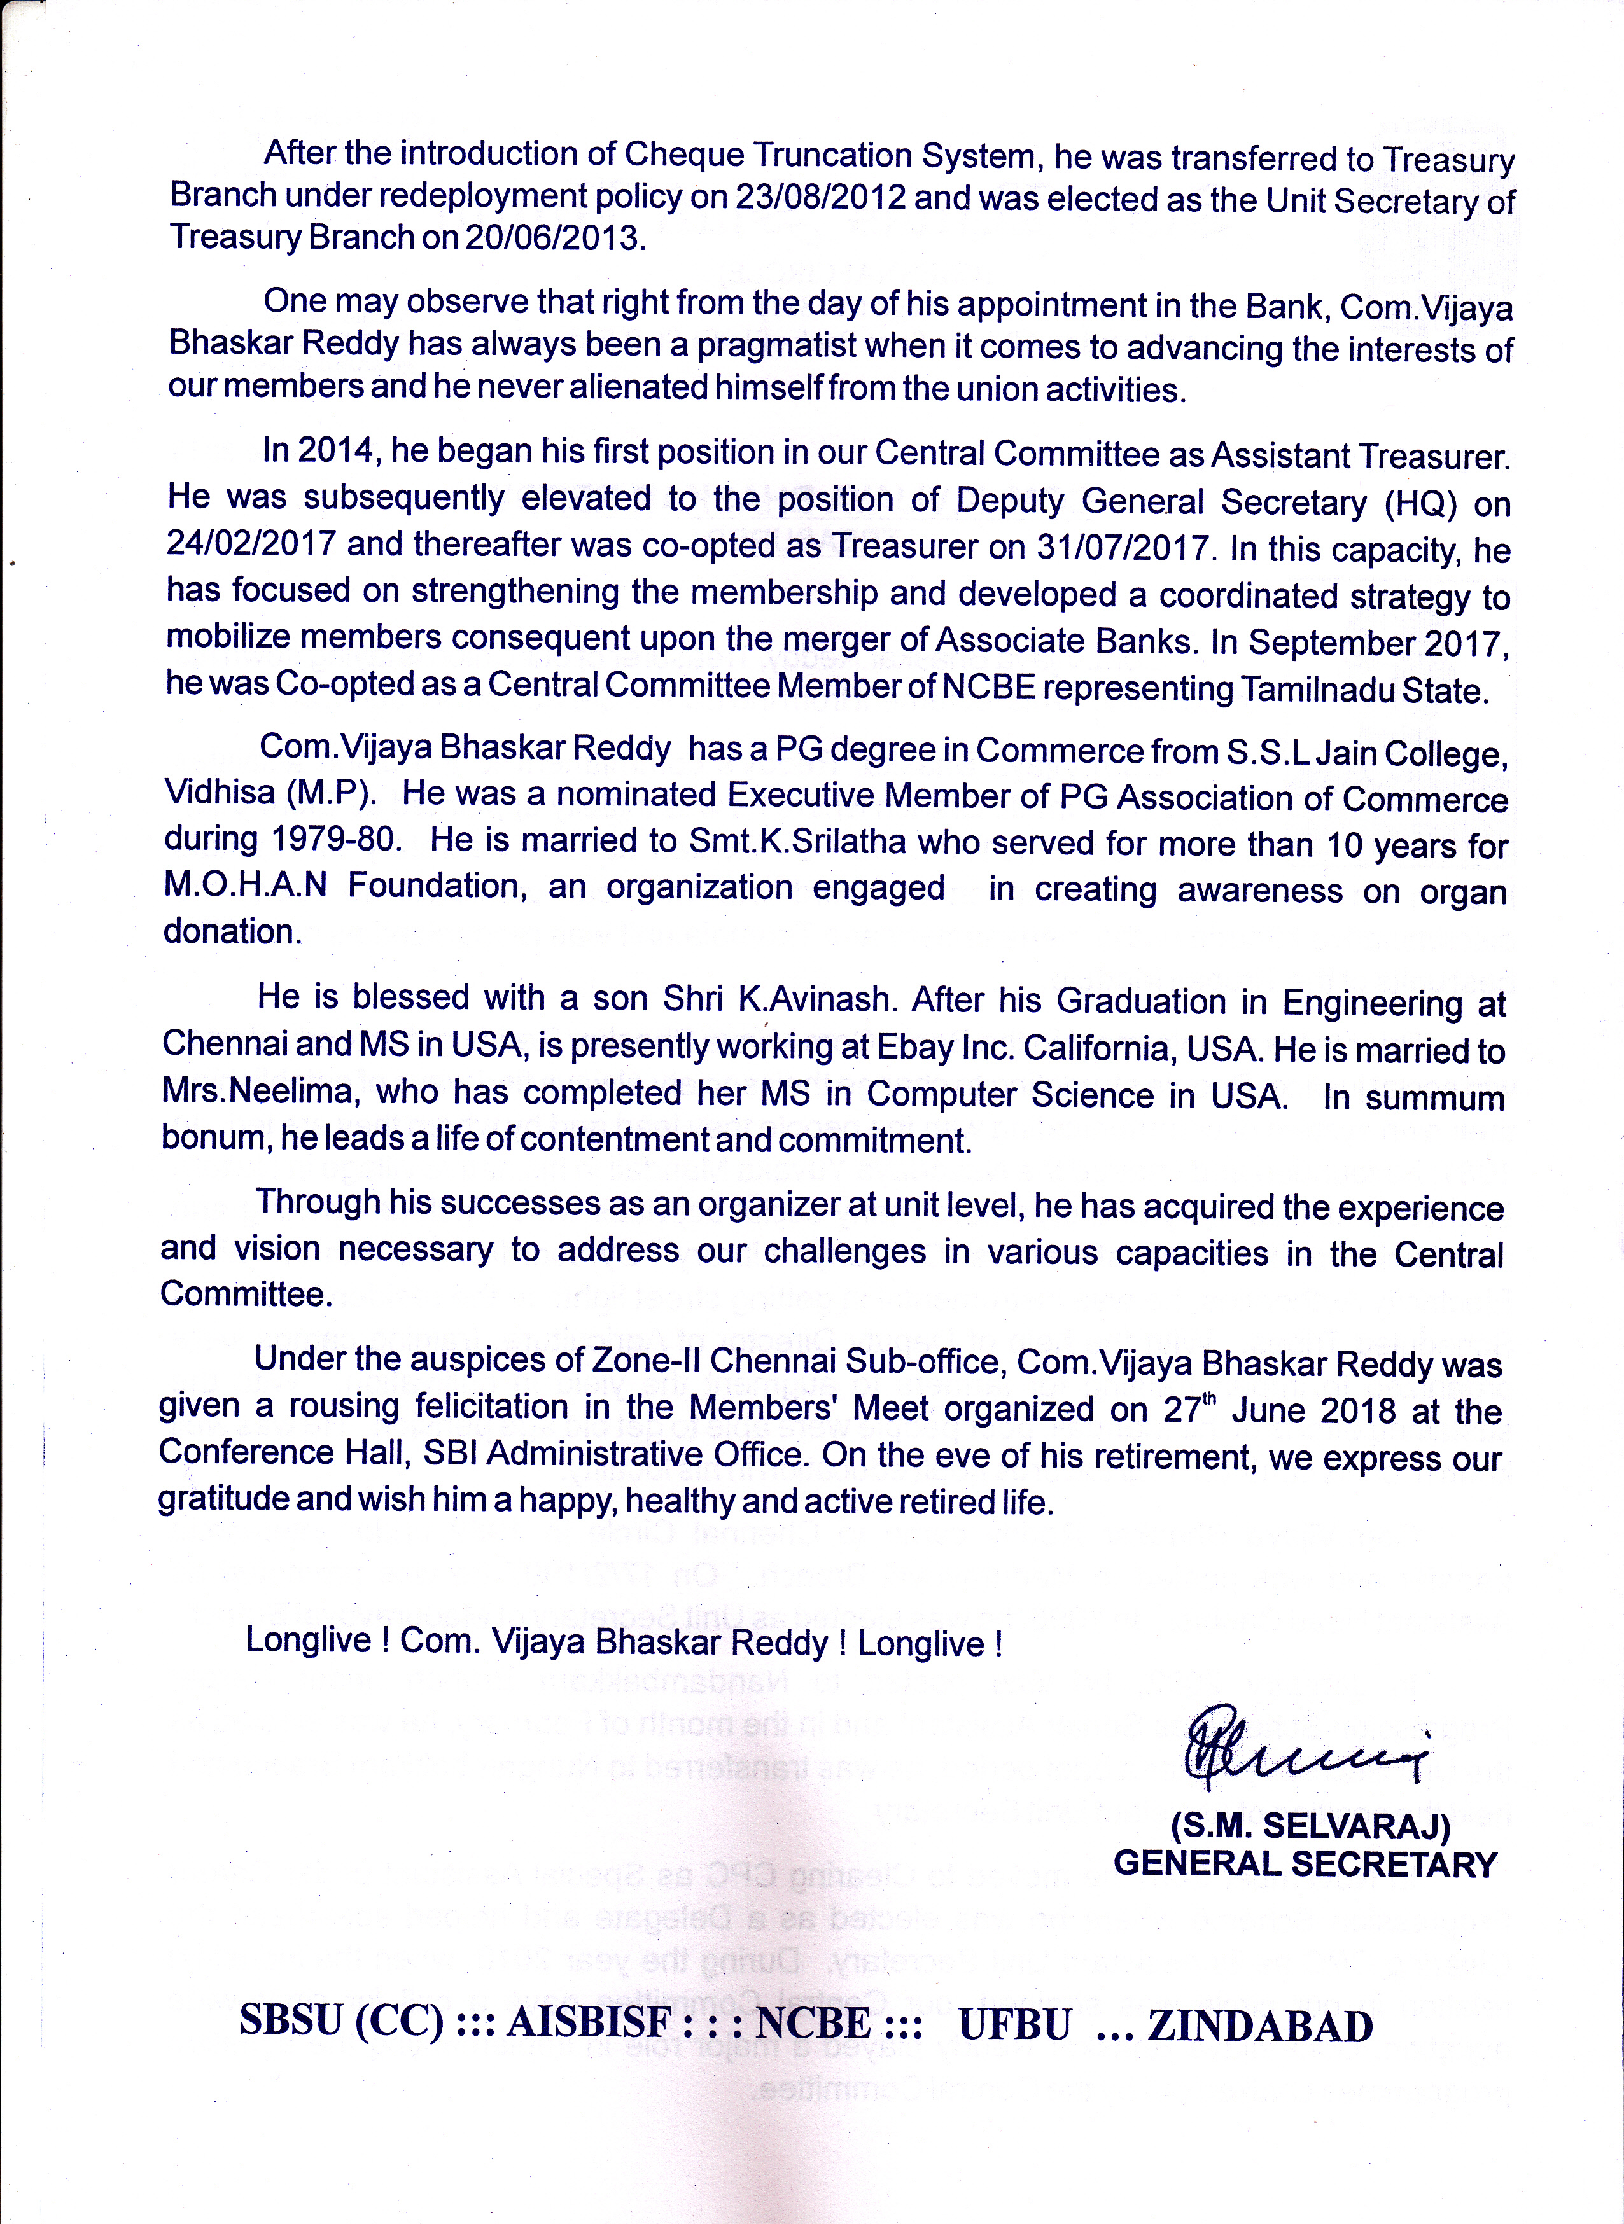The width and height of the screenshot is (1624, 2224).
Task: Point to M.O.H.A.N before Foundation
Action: (x=246, y=886)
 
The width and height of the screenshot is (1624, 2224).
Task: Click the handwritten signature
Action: (x=1303, y=1748)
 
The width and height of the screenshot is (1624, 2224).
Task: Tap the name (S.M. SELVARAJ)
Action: (x=1310, y=1826)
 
